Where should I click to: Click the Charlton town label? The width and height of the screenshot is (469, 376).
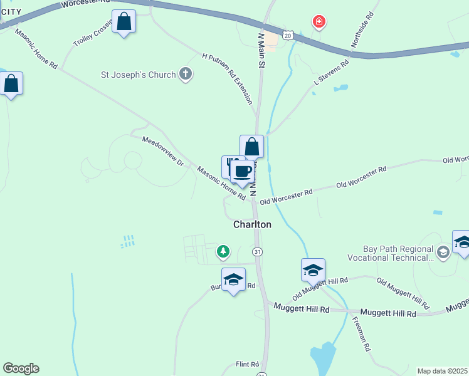point(252,224)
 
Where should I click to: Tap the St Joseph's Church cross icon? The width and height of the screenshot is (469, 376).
point(185,75)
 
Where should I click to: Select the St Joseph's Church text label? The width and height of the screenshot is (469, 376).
point(139,75)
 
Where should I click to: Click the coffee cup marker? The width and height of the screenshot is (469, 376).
point(242,170)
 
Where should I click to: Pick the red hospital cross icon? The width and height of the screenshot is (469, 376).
point(319,22)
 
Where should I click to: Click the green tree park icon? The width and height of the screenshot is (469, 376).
point(223,252)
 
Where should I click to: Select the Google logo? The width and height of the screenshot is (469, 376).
point(21,368)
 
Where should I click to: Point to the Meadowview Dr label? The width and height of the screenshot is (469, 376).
point(162,150)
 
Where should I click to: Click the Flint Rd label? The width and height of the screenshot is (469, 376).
point(247,364)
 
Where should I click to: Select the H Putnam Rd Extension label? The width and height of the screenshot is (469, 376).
point(228,78)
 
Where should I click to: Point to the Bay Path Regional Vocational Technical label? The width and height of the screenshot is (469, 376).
point(399,253)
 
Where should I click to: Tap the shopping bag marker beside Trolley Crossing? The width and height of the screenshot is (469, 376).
point(124,23)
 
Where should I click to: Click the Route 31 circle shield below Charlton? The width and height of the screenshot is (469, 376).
point(257,252)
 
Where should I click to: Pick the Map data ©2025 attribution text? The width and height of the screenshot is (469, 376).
point(443,371)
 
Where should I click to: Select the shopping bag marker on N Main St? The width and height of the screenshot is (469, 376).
point(251,148)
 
